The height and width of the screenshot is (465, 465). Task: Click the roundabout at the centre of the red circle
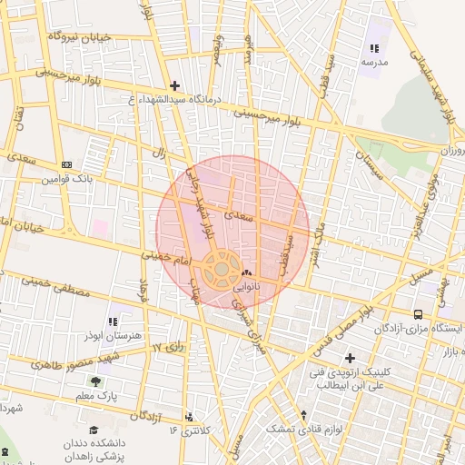(221, 270)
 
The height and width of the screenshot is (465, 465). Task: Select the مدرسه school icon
(373, 49)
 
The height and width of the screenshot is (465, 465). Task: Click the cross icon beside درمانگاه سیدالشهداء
(174, 85)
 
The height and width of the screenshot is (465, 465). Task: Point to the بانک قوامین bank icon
(66, 164)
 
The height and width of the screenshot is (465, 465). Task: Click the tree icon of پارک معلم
(94, 381)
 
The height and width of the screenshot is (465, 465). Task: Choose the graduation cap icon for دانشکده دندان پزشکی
(94, 430)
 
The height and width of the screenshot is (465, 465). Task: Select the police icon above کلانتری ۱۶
(189, 417)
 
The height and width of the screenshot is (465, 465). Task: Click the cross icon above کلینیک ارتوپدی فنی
(350, 358)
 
